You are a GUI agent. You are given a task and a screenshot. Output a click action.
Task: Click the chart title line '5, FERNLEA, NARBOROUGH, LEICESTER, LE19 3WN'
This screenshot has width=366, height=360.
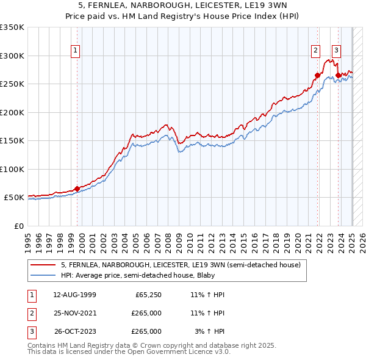pos(182,5)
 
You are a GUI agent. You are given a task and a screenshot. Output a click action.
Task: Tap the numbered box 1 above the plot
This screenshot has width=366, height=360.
pos(75,51)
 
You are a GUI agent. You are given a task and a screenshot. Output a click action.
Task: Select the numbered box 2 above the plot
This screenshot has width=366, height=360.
pos(316,51)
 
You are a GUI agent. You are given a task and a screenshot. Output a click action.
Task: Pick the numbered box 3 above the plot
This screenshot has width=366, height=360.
pos(336,51)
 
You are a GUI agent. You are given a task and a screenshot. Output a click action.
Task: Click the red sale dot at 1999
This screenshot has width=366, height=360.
pos(77,189)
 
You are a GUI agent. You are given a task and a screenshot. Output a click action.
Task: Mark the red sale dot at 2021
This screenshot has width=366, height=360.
pos(317,76)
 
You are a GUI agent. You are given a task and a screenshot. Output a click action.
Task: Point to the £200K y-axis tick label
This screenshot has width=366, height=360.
pos(12,112)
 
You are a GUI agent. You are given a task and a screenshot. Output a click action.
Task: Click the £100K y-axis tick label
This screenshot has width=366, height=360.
pos(12,169)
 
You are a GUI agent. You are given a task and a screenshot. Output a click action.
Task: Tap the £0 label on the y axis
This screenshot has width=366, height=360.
pos(18,226)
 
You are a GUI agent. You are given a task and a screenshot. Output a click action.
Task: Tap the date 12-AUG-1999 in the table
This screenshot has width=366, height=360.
pos(74,295)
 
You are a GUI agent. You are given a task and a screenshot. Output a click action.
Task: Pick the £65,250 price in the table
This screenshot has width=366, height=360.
pos(148,295)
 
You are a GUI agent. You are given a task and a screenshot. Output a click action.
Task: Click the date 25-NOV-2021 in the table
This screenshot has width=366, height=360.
pos(74,313)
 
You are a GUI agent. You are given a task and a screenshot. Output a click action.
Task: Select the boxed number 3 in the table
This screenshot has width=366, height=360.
pos(31,331)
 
